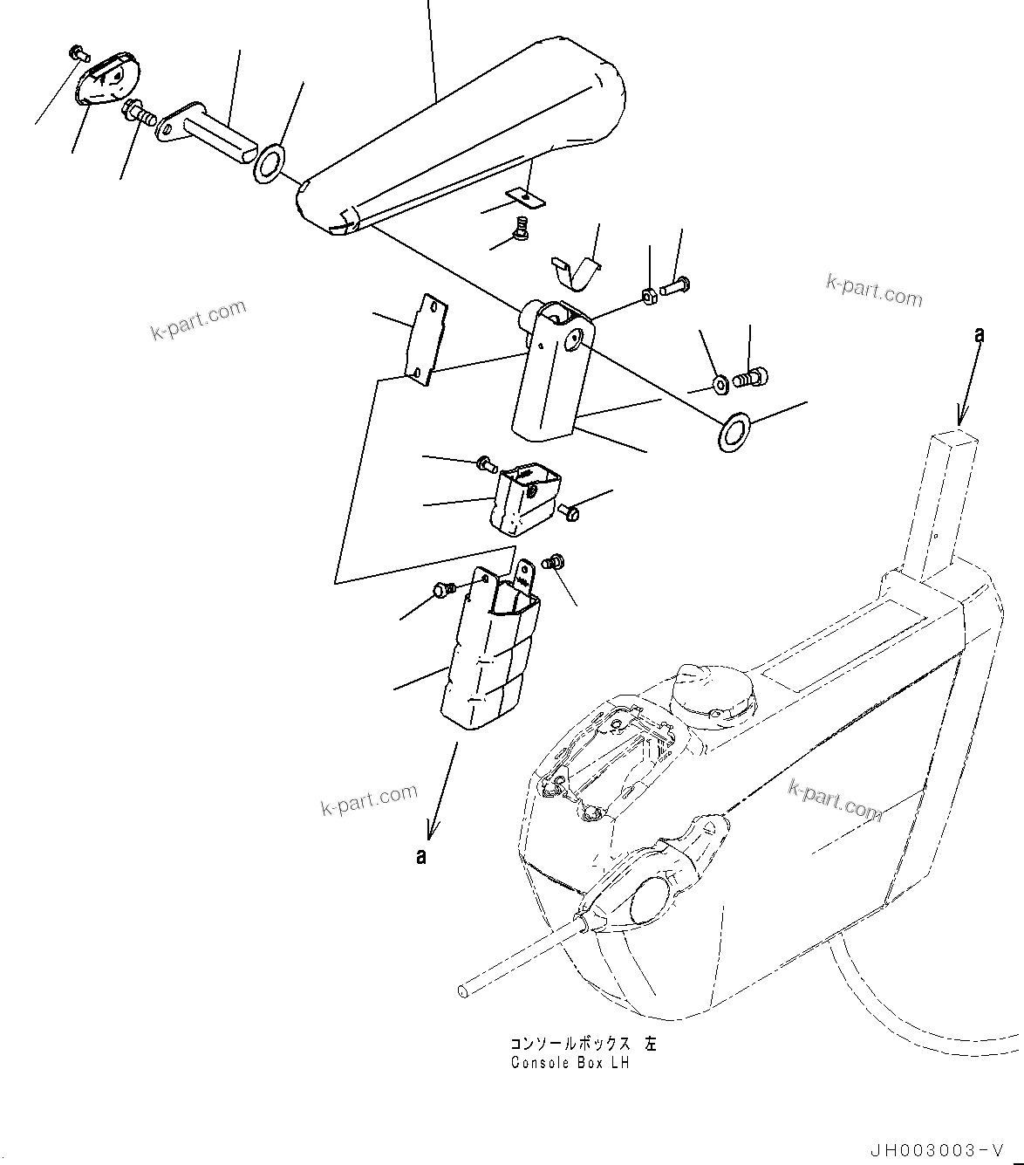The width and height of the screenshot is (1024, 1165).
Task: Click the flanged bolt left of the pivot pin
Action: point(139,111)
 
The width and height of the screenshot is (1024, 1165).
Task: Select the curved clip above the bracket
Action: point(577,270)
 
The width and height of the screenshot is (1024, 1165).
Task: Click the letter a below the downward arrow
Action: point(421,857)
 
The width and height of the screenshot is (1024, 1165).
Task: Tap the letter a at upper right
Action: point(980,333)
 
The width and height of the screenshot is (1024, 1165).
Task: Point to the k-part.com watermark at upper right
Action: point(874,291)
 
